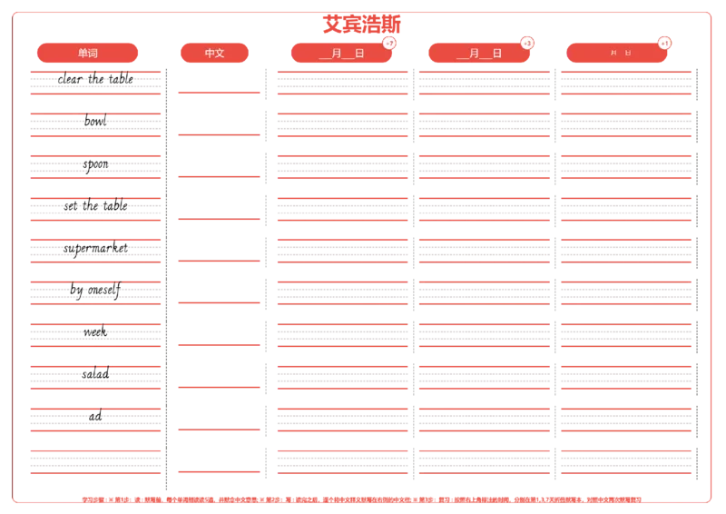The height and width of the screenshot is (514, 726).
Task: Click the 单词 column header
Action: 88,53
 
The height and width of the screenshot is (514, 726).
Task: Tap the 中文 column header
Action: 214,53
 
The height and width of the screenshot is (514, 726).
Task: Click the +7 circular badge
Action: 389,43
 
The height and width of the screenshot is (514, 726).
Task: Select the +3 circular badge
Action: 527,43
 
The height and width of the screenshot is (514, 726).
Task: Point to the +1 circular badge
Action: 665,43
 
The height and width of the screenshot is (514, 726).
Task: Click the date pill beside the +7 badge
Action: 340,53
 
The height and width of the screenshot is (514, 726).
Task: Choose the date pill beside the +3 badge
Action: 478,53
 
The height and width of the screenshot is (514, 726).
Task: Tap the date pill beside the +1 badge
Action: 616,53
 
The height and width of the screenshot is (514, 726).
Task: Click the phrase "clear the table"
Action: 95,79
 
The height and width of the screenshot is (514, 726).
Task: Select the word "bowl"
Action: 95,121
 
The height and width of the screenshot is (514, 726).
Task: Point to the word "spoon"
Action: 95,165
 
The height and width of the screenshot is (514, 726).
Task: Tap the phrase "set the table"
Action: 95,205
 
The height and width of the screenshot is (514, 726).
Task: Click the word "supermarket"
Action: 95,247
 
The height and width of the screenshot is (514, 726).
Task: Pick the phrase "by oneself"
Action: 95,291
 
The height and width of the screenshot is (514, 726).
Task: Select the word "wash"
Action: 95,332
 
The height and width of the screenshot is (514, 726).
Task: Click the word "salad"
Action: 95,374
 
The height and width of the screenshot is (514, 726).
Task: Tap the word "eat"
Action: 94,416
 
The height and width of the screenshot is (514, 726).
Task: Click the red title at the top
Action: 361,23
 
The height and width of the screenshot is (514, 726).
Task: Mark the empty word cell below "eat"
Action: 95,461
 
